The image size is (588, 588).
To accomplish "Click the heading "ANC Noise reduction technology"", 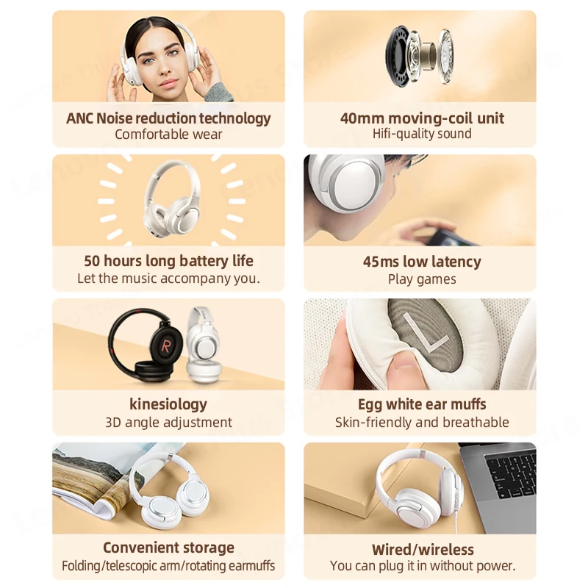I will coord(168,118).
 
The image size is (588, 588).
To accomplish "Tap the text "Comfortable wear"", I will coord(168,135).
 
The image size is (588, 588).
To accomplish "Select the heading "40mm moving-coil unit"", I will coord(422,118).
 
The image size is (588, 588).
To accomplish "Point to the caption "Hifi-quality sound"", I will coord(422,134).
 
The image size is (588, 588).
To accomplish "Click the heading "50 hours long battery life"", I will coord(168,261).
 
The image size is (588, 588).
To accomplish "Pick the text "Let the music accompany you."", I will coord(168,279).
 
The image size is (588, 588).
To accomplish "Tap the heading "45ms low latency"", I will coord(422,262).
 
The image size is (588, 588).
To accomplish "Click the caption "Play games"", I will coord(422,279).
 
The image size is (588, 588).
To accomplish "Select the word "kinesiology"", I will coord(168,404).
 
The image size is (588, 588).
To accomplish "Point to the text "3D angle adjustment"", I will coord(168,423).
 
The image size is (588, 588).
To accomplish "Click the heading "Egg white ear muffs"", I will coord(422,404).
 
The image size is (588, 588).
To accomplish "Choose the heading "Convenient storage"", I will coord(168,548).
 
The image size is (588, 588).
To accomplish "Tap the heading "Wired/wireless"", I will coord(422,550).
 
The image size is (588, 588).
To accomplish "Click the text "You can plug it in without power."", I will coord(422,566).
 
